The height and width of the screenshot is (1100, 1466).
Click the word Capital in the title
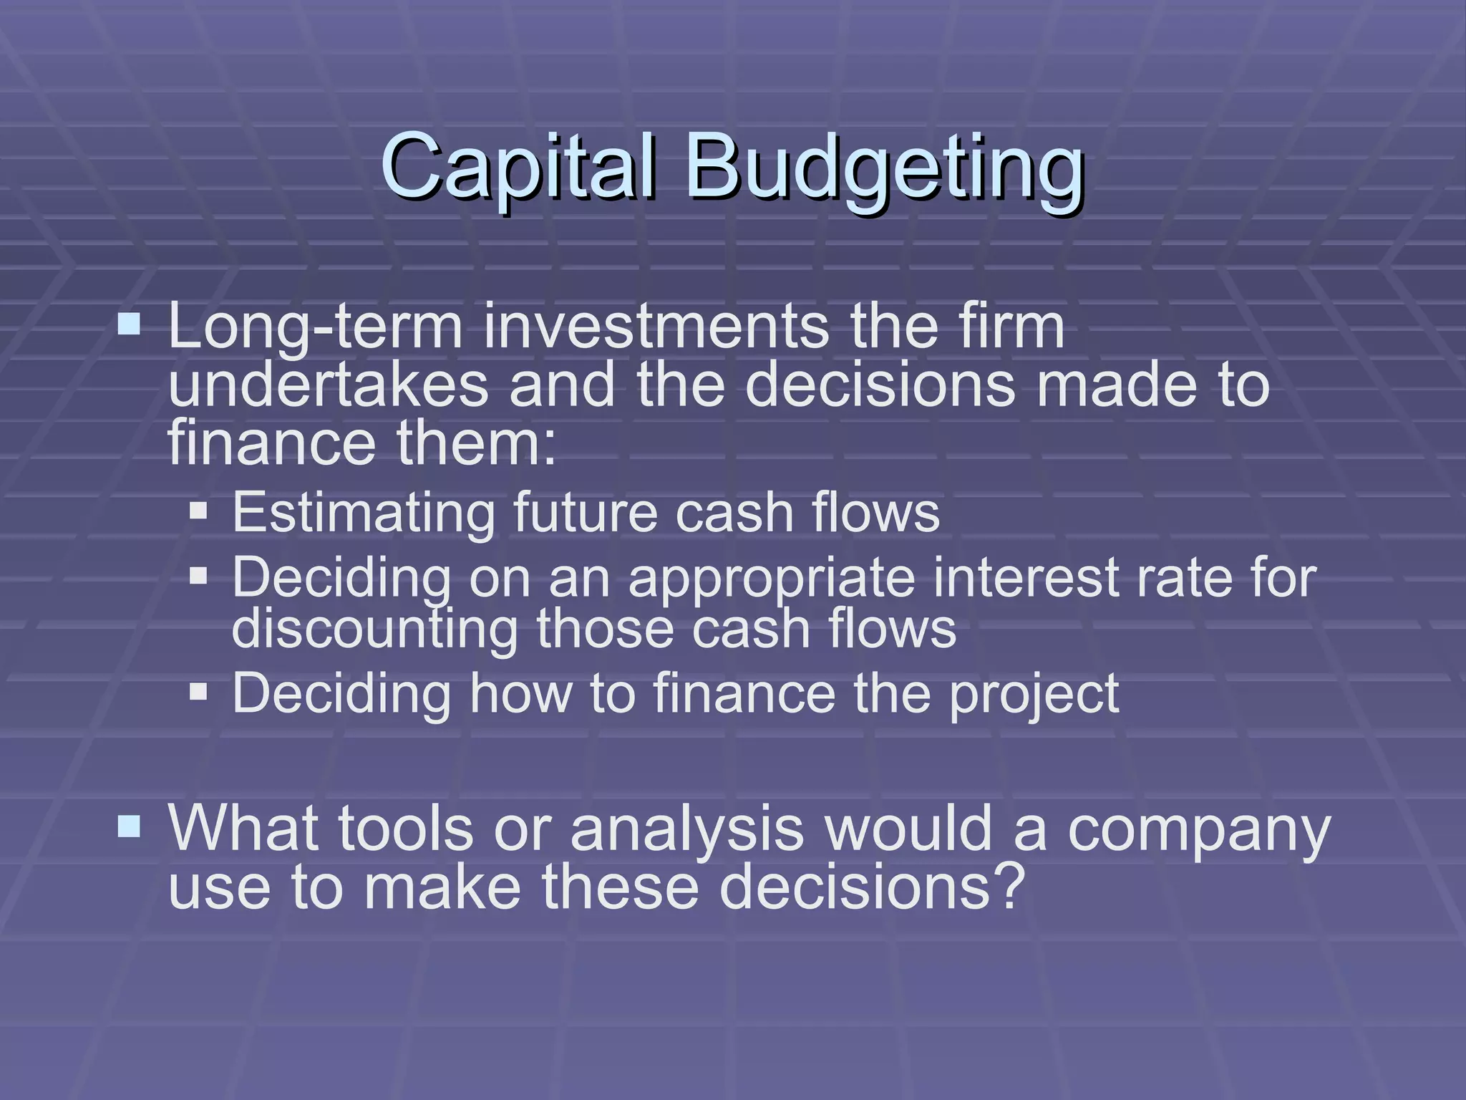[518, 166]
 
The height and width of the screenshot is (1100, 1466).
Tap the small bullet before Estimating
[198, 511]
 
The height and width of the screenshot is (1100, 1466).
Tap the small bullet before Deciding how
[198, 692]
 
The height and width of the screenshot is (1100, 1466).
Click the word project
[1034, 693]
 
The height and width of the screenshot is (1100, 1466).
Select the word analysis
[687, 829]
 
